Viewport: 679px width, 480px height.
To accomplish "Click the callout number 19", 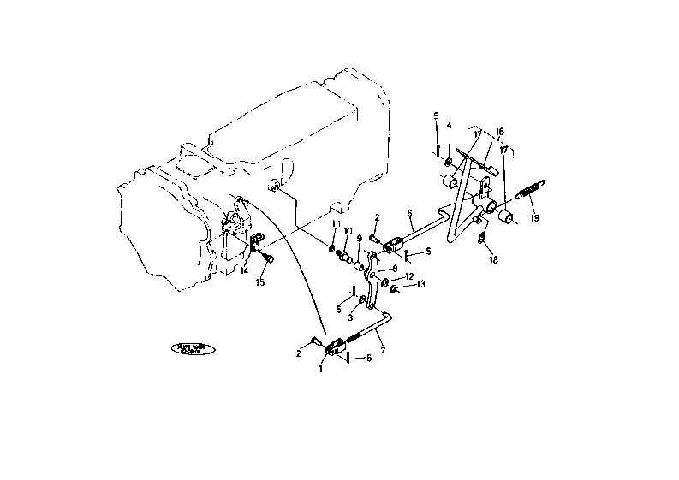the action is pyautogui.click(x=534, y=218).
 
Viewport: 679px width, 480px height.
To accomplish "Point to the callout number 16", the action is pyautogui.click(x=500, y=133).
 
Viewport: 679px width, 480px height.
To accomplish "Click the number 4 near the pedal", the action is pyautogui.click(x=449, y=126).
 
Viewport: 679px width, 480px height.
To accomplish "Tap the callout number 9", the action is pyautogui.click(x=360, y=239).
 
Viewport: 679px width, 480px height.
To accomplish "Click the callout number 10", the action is pyautogui.click(x=348, y=231).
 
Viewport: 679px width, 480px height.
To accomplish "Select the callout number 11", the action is pyautogui.click(x=336, y=223).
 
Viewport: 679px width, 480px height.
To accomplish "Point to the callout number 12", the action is pyautogui.click(x=409, y=276).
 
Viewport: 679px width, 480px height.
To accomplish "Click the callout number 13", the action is pyautogui.click(x=420, y=285).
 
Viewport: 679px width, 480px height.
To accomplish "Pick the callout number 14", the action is pyautogui.click(x=243, y=271).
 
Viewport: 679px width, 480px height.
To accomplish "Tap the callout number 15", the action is pyautogui.click(x=260, y=282).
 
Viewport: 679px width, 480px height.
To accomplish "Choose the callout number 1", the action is pyautogui.click(x=321, y=370).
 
